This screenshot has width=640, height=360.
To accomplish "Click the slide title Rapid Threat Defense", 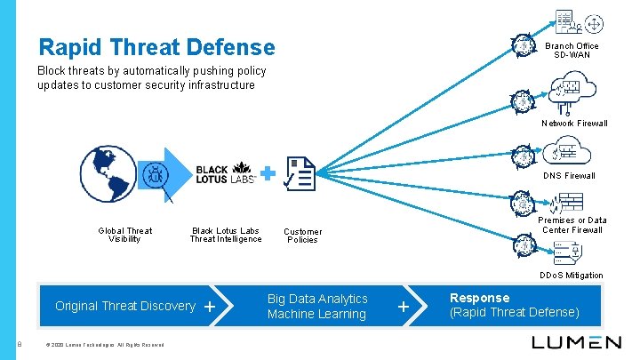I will tap(156, 46).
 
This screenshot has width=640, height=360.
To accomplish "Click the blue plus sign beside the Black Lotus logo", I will tap(268, 171).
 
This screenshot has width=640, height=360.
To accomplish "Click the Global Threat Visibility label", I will tap(124, 235).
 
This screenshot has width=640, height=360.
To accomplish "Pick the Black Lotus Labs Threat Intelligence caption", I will tap(226, 235).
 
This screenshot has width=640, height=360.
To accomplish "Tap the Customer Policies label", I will tap(302, 236).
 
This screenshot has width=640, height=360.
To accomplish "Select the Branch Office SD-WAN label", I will tap(572, 51).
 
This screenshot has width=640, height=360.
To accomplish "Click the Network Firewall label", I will tap(574, 124).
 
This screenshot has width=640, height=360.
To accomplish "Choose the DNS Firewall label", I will tap(569, 175).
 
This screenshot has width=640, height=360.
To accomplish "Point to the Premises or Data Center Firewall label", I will tap(572, 225).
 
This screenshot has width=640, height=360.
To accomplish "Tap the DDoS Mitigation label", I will tap(571, 276).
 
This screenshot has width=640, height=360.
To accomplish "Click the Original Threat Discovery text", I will tap(124, 306).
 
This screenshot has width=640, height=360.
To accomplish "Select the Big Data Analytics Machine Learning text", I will tap(316, 307).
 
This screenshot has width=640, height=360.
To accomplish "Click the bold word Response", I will tap(480, 298).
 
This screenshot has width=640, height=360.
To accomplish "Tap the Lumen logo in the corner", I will tap(576, 342).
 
